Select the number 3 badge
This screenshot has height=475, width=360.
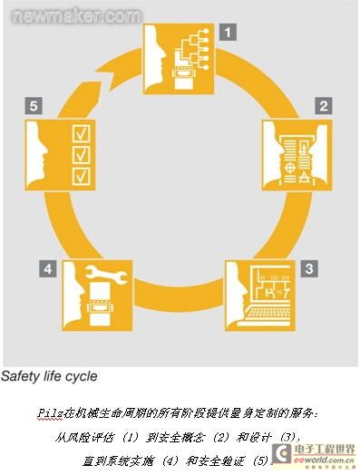tap(309, 268)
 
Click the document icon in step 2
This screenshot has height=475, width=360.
tap(297, 148)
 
